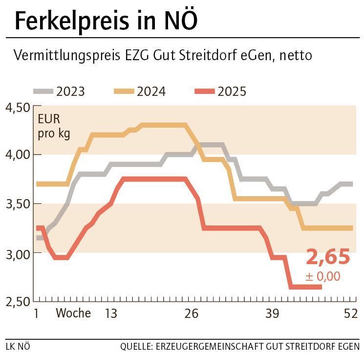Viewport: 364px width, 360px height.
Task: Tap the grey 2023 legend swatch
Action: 43,91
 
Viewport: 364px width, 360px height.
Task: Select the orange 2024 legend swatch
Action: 124,91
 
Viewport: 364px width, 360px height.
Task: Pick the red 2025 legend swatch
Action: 204,91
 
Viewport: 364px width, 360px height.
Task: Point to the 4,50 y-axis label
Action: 17,108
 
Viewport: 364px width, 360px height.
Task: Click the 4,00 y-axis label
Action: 17,155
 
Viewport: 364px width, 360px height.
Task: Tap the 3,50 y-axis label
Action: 17,203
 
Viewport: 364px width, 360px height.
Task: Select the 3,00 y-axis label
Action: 17,253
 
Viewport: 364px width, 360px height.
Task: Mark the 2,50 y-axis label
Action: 17,301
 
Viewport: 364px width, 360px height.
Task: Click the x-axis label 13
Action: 111,314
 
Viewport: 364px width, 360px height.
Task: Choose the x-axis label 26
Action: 192,314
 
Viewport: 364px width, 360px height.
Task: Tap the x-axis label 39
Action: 272,314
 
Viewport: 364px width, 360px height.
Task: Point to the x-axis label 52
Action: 351,314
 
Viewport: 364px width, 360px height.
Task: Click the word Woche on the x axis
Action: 73,313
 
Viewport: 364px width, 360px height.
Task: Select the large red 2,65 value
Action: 328,257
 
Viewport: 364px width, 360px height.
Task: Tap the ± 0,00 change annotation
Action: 322,276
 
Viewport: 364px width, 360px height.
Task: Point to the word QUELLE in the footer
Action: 136,347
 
